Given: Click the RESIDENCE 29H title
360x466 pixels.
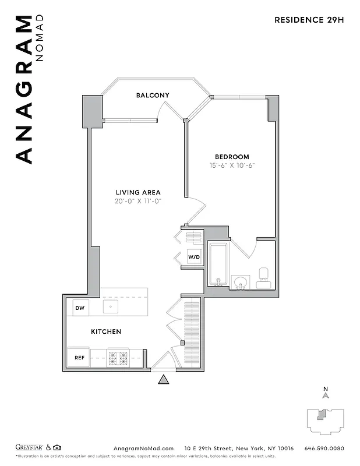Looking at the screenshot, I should tap(309, 19).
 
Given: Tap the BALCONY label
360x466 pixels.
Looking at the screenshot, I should tap(153, 95).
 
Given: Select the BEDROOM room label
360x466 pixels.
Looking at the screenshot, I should tap(232, 157).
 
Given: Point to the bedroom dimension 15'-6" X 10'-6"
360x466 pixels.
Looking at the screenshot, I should tap(232, 165).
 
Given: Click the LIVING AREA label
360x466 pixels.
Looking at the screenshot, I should tap(137, 192).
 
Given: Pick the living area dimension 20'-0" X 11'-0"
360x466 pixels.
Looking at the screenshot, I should tap(137, 201).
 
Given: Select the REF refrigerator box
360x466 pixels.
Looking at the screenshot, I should tap(79, 358).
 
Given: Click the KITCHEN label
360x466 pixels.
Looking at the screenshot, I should tap(106, 331).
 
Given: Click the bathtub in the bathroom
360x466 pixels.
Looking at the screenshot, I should tap(218, 264).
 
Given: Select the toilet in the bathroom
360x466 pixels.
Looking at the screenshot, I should tap(263, 275).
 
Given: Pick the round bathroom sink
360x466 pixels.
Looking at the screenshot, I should tap(240, 283).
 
